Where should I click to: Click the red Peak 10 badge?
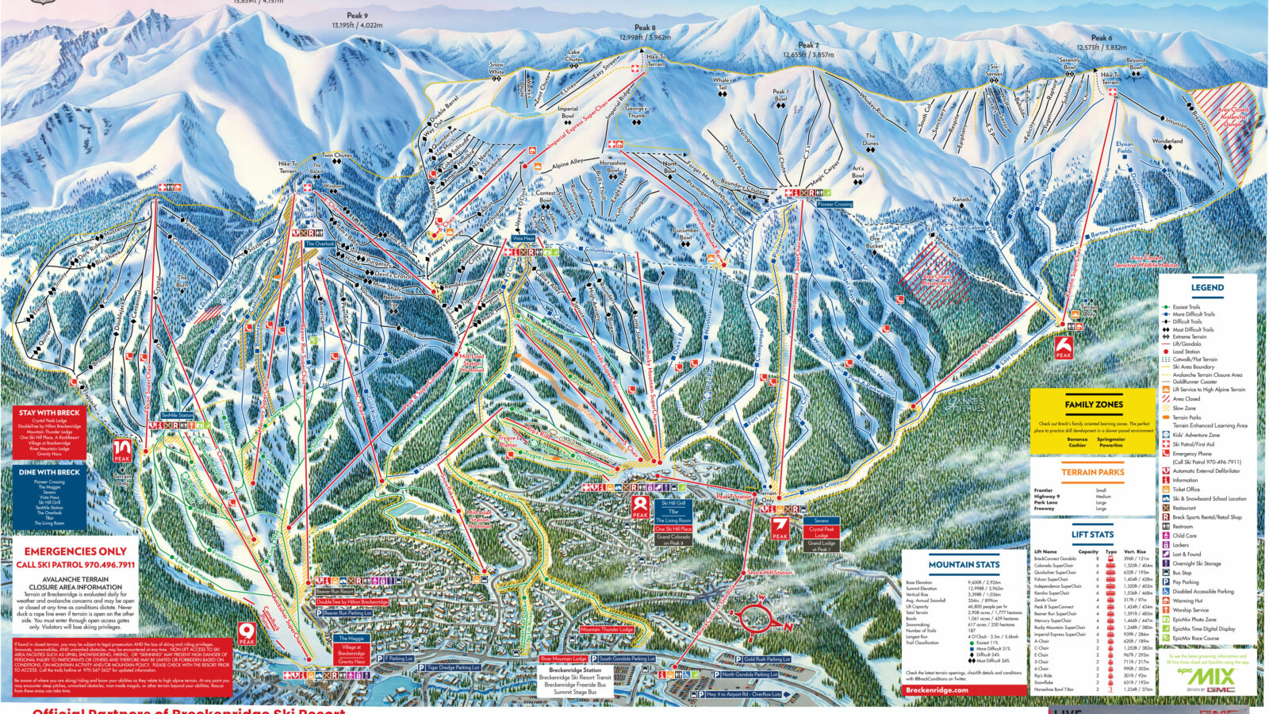click(x=122, y=451)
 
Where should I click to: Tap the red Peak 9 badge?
click(x=247, y=632)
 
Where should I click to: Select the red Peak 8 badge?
click(x=640, y=507)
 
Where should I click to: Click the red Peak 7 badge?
click(x=780, y=528)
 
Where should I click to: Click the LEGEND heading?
click(x=1207, y=288)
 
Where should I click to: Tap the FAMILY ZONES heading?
click(x=1094, y=405)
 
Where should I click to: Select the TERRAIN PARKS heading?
click(x=1093, y=472)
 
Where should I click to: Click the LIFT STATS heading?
click(x=1092, y=535)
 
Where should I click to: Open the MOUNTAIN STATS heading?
click(x=964, y=565)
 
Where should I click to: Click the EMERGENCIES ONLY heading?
click(x=75, y=551)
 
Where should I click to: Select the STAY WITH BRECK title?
click(x=49, y=413)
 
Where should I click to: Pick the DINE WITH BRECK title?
click(x=49, y=472)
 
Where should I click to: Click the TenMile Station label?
click(x=177, y=415)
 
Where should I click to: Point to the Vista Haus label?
click(x=523, y=238)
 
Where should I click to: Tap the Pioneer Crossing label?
click(x=834, y=204)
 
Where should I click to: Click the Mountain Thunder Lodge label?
click(x=607, y=629)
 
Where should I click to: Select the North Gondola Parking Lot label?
click(x=749, y=674)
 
